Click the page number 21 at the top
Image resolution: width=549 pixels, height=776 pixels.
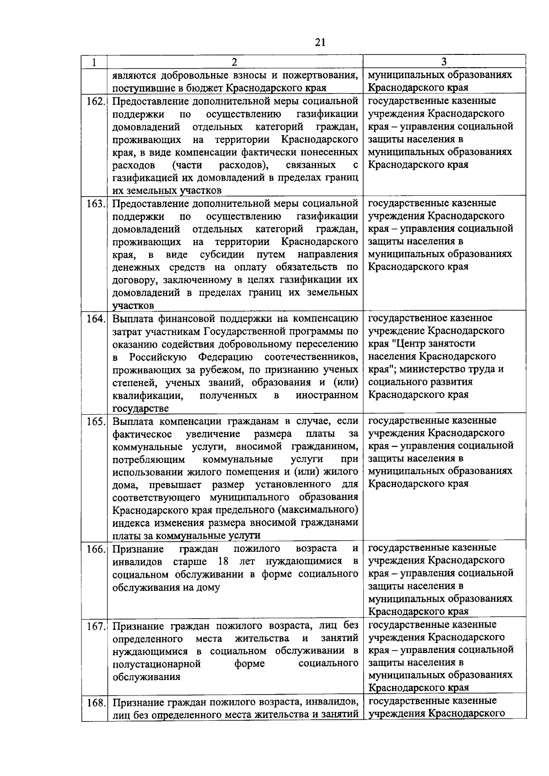click(x=320, y=42)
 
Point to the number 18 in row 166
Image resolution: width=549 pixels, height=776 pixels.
click(x=224, y=561)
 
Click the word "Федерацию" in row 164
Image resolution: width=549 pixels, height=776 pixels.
click(x=225, y=357)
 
